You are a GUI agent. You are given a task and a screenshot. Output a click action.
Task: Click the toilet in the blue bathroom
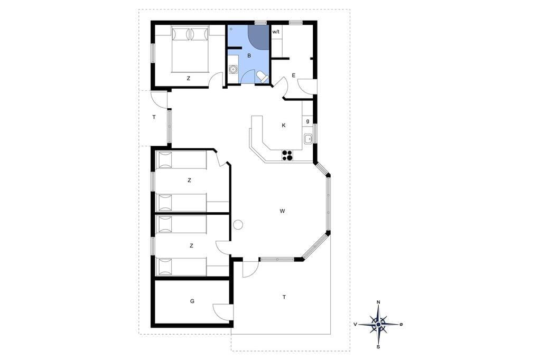tap(262, 77)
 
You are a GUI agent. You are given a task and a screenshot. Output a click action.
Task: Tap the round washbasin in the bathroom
tap(234, 69)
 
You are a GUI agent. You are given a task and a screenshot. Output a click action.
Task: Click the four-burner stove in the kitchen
tap(287, 156)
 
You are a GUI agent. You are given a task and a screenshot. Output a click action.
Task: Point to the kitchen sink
tap(308, 139)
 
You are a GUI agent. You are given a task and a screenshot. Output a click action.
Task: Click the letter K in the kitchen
tap(284, 125)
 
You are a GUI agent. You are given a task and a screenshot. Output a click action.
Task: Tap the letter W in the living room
tap(282, 211)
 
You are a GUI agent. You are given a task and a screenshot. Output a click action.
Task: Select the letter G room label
tap(192, 301)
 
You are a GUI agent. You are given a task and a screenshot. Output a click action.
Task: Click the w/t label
tap(276, 32)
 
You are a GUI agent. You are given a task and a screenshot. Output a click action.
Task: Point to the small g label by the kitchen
tap(307, 121)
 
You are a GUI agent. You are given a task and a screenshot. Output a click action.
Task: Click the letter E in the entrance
tap(294, 75)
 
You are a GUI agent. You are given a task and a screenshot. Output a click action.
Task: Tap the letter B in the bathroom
tap(249, 55)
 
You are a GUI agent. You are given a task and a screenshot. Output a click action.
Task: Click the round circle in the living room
tap(238, 225)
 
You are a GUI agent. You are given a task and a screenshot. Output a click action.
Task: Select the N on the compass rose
tap(378, 302)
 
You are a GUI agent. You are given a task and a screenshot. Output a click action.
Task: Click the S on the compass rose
tap(378, 347)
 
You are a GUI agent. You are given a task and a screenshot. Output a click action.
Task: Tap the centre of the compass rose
tap(378, 325)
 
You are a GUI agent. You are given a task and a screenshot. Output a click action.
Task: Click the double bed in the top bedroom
tap(190, 50)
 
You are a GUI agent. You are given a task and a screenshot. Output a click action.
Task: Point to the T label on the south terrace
tap(284, 297)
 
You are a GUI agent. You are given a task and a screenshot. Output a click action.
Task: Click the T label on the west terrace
tap(154, 117)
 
